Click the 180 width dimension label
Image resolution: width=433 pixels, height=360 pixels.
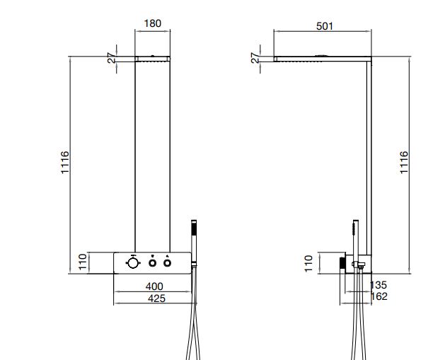[152, 23]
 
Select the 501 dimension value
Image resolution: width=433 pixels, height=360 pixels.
[325, 26]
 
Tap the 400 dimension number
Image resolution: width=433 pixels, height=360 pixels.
[154, 286]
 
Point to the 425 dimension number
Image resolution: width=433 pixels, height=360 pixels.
[156, 298]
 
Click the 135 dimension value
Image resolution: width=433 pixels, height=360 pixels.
[378, 285]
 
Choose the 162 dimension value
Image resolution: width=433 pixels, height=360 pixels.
[379, 296]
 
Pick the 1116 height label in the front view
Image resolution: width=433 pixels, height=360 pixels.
[64, 163]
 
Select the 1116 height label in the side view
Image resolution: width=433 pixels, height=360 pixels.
[404, 163]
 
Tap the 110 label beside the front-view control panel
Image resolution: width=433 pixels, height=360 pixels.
[83, 262]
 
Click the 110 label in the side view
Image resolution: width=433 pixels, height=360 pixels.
[308, 264]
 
